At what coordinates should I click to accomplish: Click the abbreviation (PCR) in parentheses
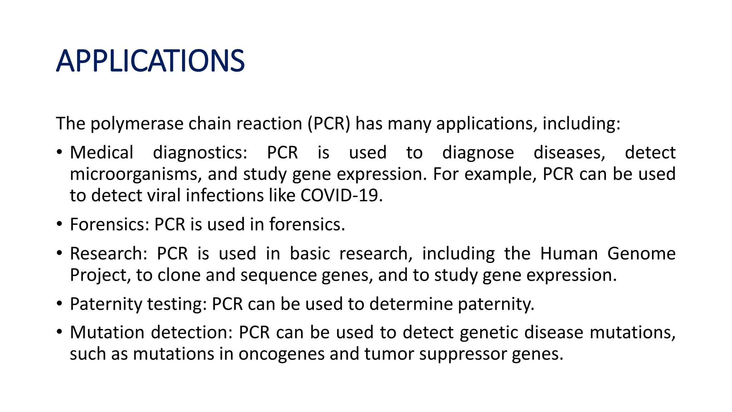tap(329, 124)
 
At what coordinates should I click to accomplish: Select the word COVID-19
tap(341, 195)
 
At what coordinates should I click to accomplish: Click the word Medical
tap(102, 152)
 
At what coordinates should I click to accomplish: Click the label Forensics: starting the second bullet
tap(109, 225)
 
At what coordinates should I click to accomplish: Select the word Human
tap(569, 254)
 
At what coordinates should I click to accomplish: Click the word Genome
tap(641, 254)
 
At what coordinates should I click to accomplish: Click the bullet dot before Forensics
tap(59, 225)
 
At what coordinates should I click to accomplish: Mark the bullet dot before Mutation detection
tap(59, 332)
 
